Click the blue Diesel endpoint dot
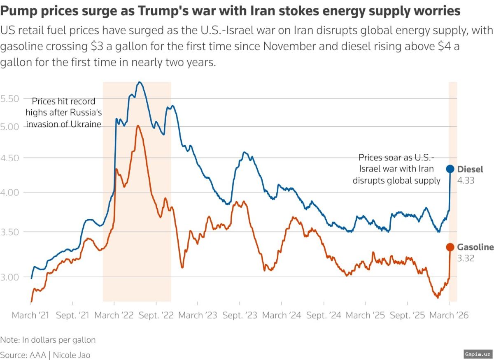(450, 169)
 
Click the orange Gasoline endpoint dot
(450, 247)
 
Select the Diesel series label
(470, 169)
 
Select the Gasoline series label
(475, 247)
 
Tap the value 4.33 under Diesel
(466, 180)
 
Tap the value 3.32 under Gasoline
(466, 258)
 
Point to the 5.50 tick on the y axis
(10, 98)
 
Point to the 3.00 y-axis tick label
(10, 277)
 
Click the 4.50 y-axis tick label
(10, 158)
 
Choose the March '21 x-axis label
(30, 316)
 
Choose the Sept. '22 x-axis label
(156, 316)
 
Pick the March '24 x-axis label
(282, 316)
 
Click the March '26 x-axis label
(449, 316)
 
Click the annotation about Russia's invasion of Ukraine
(63, 112)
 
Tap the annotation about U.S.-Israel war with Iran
(396, 169)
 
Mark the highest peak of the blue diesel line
(140, 82)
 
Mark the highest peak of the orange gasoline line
(137, 125)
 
